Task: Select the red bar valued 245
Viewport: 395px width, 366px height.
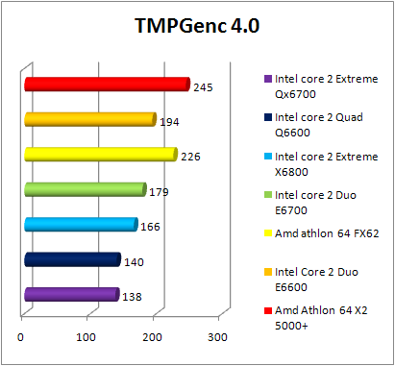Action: click(106, 85)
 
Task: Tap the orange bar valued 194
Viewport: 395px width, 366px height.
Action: click(88, 119)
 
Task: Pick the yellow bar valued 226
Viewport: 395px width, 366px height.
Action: click(100, 154)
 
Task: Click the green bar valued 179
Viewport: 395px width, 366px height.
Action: click(85, 189)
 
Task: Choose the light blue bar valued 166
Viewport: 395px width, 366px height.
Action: click(80, 225)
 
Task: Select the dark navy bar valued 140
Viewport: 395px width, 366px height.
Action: click(71, 259)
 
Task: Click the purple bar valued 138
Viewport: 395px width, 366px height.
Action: click(70, 295)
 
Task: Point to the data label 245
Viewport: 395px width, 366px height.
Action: click(203, 87)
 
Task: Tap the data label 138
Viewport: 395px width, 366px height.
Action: click(132, 298)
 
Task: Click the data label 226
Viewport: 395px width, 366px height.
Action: click(190, 157)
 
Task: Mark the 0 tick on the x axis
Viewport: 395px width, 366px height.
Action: click(21, 337)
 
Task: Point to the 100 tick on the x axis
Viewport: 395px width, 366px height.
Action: click(86, 337)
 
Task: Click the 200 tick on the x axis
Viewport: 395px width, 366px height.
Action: click(152, 337)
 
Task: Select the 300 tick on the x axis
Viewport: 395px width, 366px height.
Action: click(217, 337)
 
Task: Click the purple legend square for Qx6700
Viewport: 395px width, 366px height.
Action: click(266, 80)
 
